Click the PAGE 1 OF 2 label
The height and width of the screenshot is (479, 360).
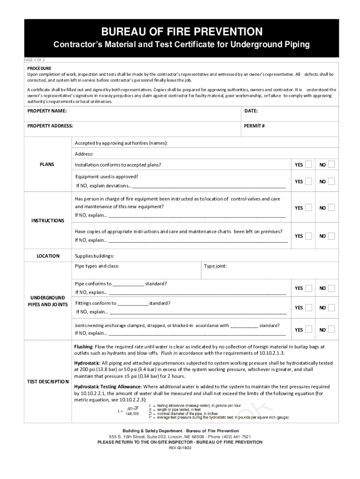coord(35,60)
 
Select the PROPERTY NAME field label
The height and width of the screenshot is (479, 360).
coord(47,111)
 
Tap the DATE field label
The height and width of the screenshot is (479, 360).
coord(251,111)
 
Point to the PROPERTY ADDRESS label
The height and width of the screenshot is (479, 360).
coord(50,126)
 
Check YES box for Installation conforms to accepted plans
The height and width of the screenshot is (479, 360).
coord(309,164)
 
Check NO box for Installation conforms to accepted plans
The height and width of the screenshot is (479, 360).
coord(331,164)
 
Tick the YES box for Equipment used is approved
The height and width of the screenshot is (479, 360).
coord(309,181)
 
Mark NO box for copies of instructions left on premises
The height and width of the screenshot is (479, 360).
coord(331,236)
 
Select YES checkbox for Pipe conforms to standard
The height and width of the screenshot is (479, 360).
coord(309,288)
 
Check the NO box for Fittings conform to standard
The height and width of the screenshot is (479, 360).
coord(331,307)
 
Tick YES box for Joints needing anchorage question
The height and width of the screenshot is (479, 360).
coord(309,330)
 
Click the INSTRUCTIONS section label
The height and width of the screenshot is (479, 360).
coord(48,220)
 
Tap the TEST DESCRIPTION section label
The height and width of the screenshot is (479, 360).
coord(48,382)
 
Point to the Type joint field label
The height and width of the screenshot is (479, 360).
coord(216,266)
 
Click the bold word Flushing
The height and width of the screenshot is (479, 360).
coord(84,347)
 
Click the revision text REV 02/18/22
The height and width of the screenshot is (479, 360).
coord(180,448)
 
